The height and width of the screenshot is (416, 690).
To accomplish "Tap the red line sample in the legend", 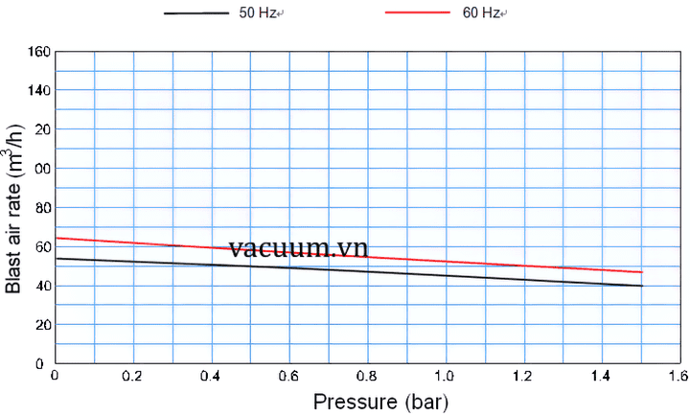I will tap(418, 13).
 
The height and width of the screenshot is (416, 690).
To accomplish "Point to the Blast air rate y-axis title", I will tap(15, 207).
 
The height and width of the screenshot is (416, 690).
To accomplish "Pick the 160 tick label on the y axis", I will tap(38, 51).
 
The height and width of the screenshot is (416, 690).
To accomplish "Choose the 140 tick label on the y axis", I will tap(38, 90).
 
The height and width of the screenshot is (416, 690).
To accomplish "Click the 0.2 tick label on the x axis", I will tap(133, 377).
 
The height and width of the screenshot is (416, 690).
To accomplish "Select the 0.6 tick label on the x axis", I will tap(289, 377).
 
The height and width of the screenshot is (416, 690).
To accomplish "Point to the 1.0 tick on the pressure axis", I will tap(446, 377).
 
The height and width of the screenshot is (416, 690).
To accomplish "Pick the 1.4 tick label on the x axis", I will tap(602, 377).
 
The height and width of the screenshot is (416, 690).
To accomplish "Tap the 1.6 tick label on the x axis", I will tap(678, 377).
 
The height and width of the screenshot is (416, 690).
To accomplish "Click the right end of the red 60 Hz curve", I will tap(641, 272).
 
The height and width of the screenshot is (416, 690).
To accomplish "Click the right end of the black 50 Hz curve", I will tap(641, 286).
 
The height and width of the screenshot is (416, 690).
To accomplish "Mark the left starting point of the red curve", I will tap(57, 238).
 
